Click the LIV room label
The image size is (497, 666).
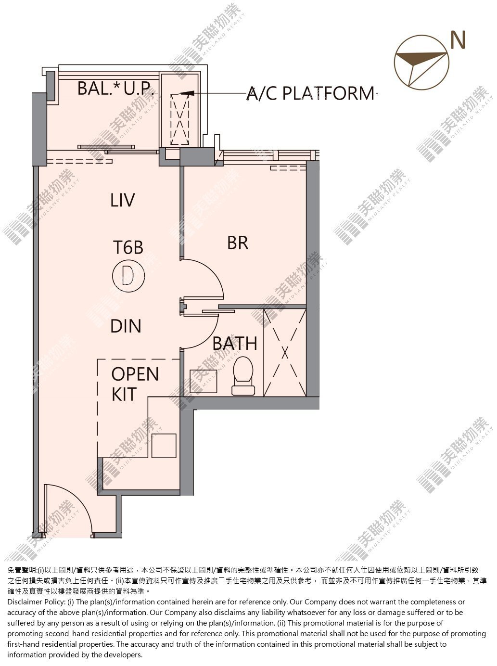[x=123, y=200]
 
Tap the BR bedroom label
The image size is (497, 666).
[x=238, y=243]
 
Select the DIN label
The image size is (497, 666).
[x=126, y=326]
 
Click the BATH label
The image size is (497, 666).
[x=235, y=343]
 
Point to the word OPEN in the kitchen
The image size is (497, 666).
[x=135, y=374]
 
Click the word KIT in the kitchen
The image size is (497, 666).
[x=124, y=394]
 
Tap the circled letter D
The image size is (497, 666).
[x=128, y=276]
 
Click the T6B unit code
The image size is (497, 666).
[x=128, y=247]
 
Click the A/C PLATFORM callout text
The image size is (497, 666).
[x=311, y=93]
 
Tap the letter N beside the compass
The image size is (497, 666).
[x=458, y=40]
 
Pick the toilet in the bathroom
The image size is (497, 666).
[x=243, y=376]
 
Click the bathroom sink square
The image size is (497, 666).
[x=203, y=381]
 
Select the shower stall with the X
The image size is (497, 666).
[x=285, y=353]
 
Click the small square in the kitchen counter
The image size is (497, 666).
[x=164, y=446]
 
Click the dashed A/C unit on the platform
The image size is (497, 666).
[x=180, y=119]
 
